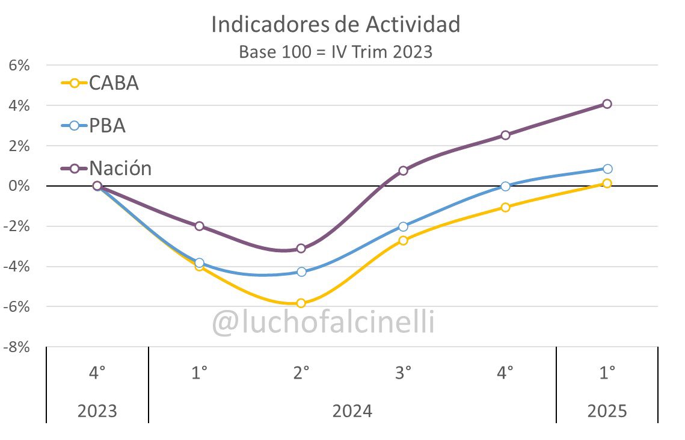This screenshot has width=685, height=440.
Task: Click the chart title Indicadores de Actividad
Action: (x=336, y=25)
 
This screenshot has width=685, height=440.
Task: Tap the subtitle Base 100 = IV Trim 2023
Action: (x=336, y=52)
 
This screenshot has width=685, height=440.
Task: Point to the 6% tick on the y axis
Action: (x=19, y=65)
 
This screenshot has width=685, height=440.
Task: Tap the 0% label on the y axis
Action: (x=19, y=186)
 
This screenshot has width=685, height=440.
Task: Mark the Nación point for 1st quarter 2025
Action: (x=607, y=104)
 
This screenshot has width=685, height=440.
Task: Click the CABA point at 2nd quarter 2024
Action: (x=301, y=303)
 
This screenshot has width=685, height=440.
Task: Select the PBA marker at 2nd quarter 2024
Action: (x=301, y=272)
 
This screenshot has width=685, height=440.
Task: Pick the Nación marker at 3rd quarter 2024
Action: (x=403, y=170)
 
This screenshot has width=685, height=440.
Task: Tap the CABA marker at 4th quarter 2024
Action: (x=505, y=207)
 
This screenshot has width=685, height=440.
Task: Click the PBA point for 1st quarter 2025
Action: (x=607, y=169)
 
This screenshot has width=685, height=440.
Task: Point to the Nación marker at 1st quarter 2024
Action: (x=199, y=226)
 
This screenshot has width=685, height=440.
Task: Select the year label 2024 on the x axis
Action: (x=352, y=412)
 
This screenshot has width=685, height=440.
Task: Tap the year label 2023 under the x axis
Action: (x=97, y=412)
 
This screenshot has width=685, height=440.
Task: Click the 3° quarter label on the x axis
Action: (x=403, y=373)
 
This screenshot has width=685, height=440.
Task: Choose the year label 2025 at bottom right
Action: (x=607, y=412)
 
